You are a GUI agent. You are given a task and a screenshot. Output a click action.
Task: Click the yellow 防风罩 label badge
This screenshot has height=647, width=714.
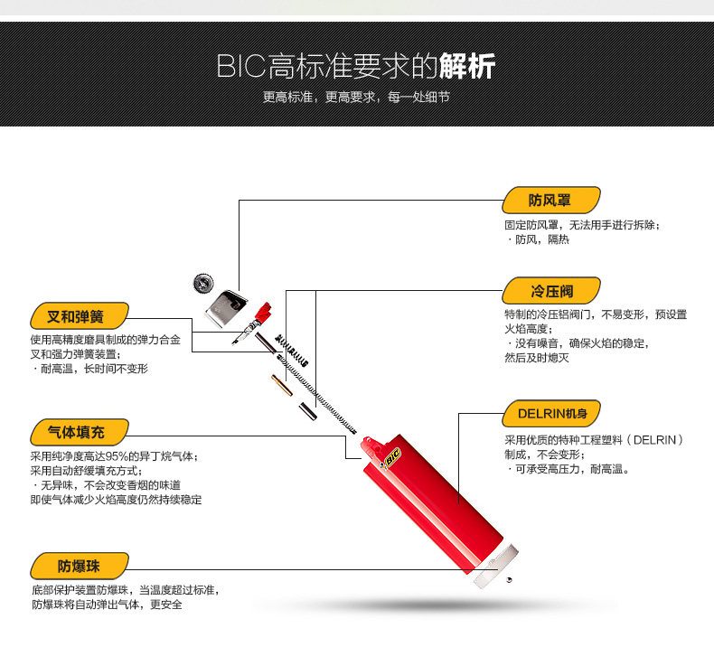551,200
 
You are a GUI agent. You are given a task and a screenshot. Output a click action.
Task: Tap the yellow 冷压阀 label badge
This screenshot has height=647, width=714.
551,290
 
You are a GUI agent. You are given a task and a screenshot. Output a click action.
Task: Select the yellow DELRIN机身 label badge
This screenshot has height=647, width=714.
551,414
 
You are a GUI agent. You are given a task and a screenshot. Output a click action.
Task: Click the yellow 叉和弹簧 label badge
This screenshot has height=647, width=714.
80,316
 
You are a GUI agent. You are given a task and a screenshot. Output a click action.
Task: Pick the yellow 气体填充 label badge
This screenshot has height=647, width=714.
80,432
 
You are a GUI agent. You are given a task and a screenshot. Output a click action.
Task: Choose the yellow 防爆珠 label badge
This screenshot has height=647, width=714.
80,566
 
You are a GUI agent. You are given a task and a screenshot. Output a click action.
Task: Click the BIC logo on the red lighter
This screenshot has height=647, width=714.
392,456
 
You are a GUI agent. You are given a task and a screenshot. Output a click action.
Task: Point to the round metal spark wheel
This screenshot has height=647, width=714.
203,283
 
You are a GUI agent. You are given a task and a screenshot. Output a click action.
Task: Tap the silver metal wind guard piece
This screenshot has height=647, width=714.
225,308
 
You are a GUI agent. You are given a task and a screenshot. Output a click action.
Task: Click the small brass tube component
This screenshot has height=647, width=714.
282,385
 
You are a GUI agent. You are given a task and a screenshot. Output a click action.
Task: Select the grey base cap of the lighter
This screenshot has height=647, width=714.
496,566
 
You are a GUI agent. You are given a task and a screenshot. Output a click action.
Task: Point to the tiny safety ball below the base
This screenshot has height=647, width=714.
509,579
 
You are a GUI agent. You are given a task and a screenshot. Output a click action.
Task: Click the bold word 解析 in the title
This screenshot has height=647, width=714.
466,67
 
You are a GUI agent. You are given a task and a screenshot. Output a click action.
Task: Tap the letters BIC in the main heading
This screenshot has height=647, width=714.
241,67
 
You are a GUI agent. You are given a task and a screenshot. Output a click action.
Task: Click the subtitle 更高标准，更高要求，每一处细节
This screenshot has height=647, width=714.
356,97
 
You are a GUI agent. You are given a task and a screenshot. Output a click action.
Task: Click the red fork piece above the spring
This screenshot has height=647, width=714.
263,313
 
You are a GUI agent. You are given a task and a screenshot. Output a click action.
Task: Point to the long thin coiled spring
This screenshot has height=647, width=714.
317,395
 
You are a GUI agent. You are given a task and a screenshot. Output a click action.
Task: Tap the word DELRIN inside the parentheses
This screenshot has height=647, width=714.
655,440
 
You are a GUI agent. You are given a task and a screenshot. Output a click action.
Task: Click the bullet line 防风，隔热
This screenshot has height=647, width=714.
538,239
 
